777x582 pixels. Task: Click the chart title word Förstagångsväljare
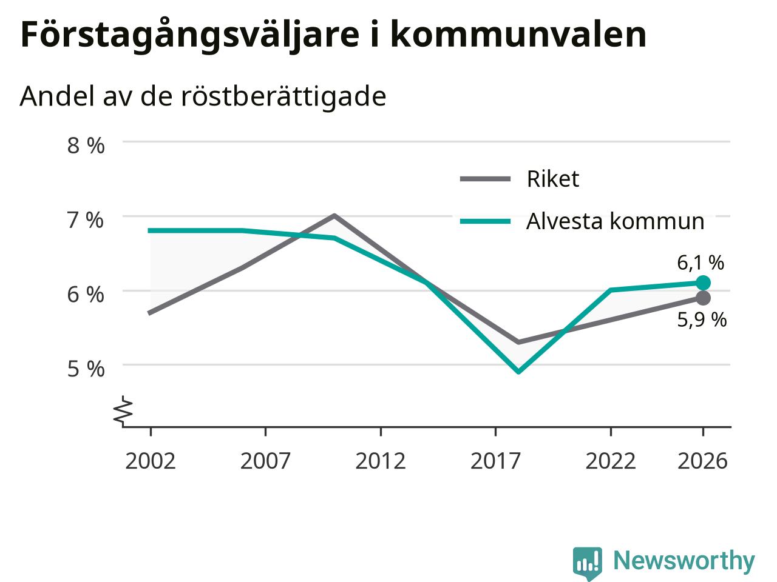[190, 36]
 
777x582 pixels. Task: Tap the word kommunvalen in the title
[518, 34]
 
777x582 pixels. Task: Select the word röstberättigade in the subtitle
[283, 97]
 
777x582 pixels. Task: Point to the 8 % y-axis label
[86, 145]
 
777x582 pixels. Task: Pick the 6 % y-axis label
[86, 295]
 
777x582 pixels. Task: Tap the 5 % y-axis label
[86, 369]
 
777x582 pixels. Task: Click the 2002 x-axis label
[151, 461]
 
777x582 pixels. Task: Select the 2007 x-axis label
[265, 461]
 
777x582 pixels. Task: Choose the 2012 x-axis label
[381, 461]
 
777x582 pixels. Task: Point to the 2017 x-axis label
[495, 461]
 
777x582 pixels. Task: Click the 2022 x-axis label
[611, 461]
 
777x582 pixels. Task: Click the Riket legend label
[553, 179]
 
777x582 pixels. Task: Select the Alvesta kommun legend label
[616, 221]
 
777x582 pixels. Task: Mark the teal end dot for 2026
[703, 283]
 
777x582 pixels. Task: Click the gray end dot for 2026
[703, 298]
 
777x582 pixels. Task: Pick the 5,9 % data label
[702, 320]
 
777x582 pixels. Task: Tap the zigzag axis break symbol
[123, 410]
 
